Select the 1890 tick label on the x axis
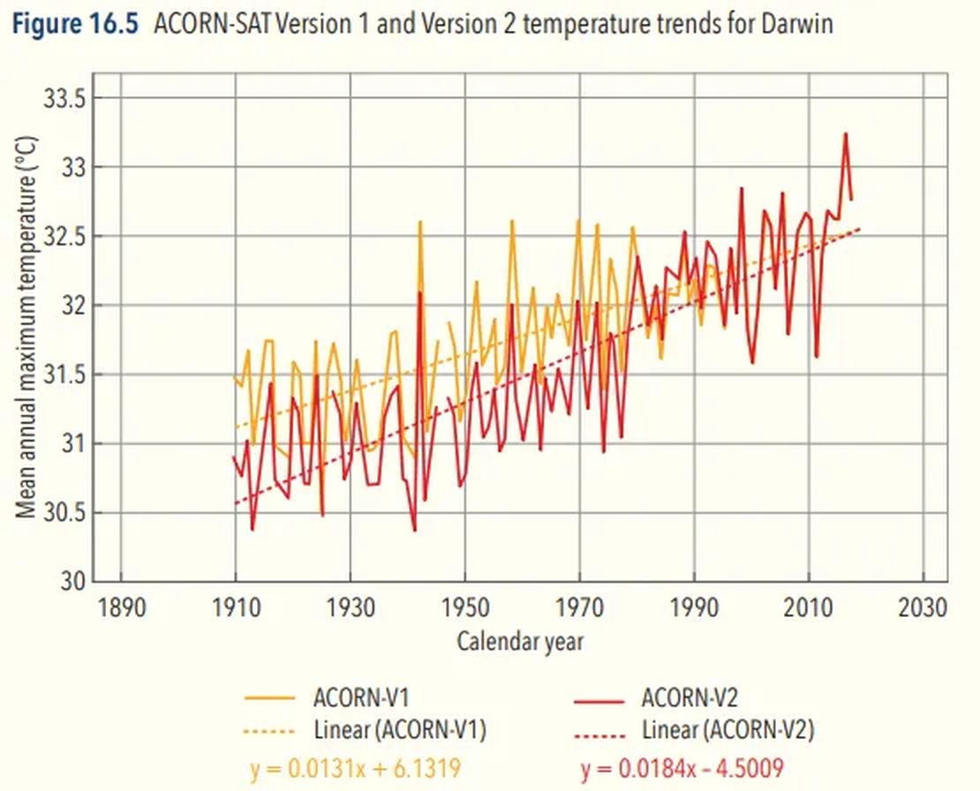(120, 609)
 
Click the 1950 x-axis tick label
(465, 609)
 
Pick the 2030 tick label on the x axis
(923, 609)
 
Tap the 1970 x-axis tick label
(580, 609)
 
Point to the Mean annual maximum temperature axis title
(27, 327)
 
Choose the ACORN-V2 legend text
(690, 698)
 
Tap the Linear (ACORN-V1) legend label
(400, 731)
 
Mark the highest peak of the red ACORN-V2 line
(846, 134)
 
